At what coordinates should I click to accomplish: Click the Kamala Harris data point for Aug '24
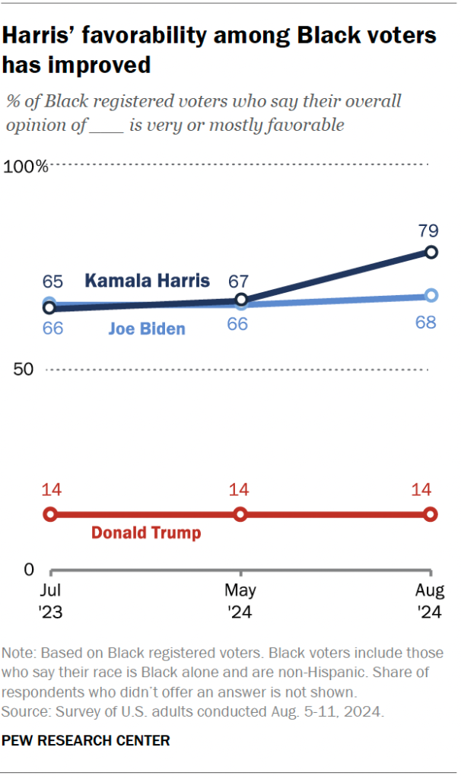[431, 252]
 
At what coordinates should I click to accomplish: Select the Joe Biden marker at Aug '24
[431, 295]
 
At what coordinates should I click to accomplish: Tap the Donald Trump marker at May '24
[240, 514]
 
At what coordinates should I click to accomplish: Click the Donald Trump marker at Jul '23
[50, 514]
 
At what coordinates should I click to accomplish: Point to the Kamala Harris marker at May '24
[241, 300]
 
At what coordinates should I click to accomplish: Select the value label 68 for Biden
[425, 323]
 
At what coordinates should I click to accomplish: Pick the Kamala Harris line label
[147, 281]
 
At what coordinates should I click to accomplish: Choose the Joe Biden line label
[147, 329]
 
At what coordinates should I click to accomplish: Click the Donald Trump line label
[146, 533]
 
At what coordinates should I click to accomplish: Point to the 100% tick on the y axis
[27, 166]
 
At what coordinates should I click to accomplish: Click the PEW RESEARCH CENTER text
[86, 739]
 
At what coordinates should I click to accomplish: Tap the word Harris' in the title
[50, 36]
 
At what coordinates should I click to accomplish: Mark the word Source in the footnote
[24, 712]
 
